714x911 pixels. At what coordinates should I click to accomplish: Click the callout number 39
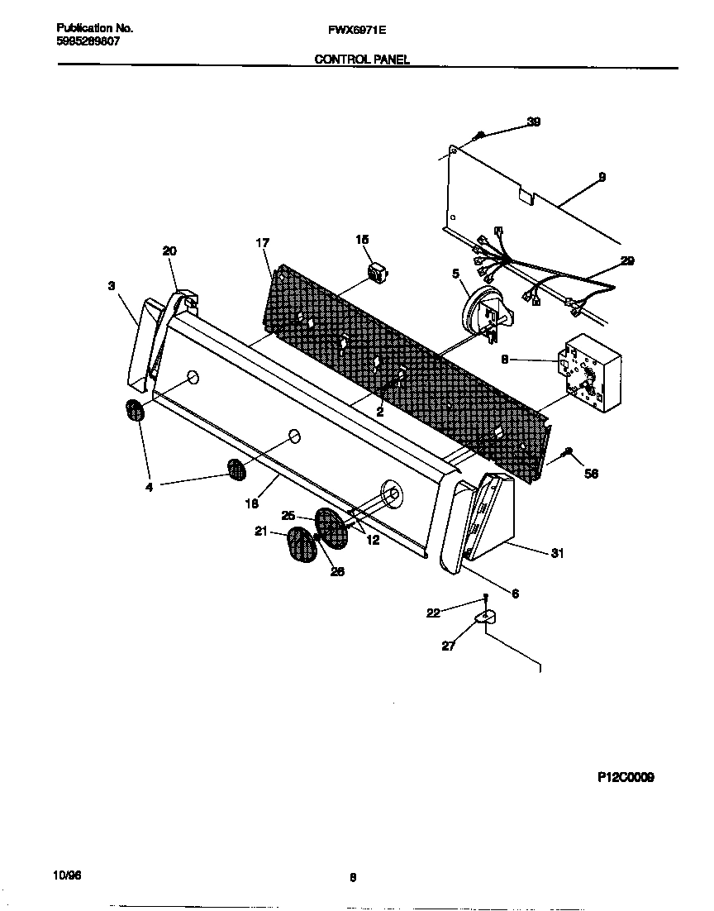tap(534, 122)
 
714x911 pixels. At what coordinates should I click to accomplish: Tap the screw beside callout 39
tap(478, 136)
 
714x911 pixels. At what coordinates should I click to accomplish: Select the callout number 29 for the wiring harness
tap(627, 261)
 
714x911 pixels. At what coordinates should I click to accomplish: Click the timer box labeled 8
tap(588, 372)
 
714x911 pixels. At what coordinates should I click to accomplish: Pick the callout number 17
tap(262, 243)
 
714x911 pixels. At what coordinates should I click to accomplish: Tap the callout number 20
tap(169, 250)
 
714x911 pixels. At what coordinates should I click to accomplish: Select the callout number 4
tap(149, 488)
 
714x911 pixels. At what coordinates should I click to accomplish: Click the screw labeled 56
tap(569, 451)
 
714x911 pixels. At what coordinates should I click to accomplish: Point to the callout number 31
tap(557, 554)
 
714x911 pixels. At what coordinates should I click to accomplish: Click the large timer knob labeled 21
tap(302, 546)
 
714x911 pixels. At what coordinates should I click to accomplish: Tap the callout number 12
tap(373, 540)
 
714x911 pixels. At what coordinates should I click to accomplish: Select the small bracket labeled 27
tap(485, 617)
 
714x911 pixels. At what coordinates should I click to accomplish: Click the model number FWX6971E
tap(358, 28)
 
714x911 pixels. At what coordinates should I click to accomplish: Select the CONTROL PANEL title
tap(362, 60)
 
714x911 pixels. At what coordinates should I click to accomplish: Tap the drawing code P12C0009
tap(626, 778)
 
